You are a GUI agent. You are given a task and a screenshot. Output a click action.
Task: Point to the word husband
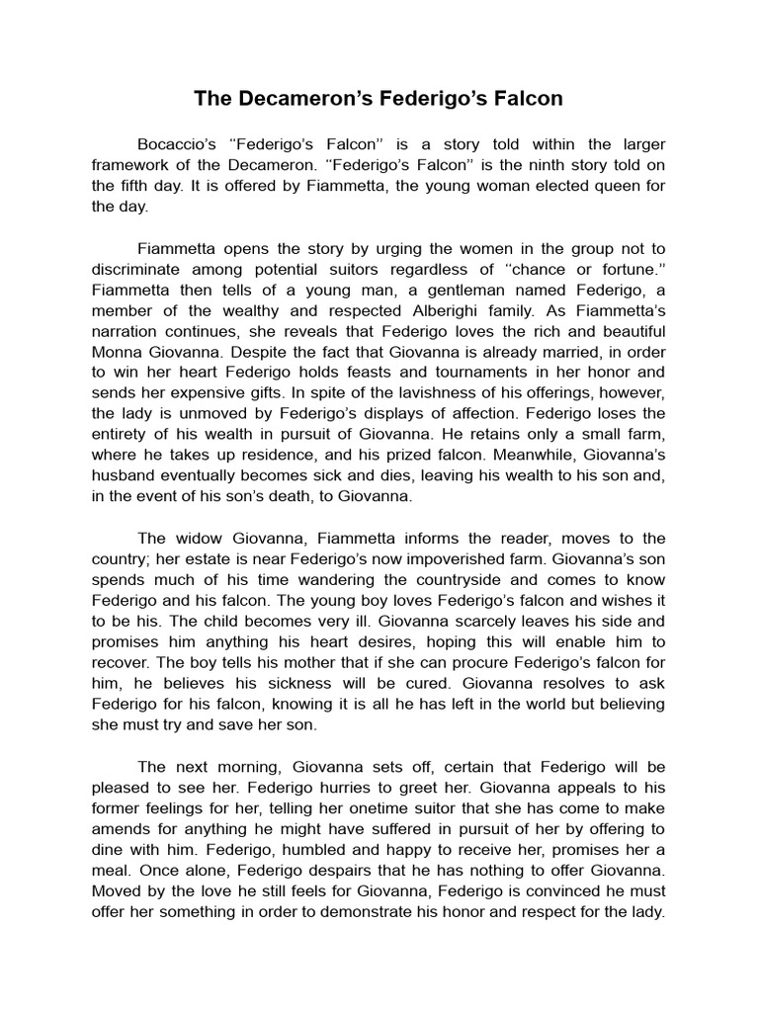(126, 475)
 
